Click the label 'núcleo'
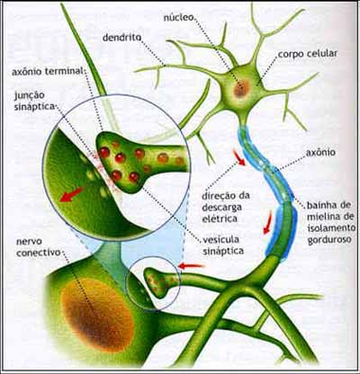coord(178,17)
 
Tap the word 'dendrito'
coord(121,38)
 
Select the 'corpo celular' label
coord(308,54)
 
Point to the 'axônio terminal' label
coord(47,72)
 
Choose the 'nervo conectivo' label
coord(39,247)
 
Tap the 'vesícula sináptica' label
coord(223,245)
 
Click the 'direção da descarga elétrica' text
coord(226,208)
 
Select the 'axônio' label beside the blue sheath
coord(320,153)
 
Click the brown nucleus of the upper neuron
coord(241,88)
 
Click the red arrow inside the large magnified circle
coord(71,194)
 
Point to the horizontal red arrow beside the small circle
coord(192,266)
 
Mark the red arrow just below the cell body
coord(239,157)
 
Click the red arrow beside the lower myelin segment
coord(268,222)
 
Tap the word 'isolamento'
coord(331,227)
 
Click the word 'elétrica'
coord(220,218)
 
